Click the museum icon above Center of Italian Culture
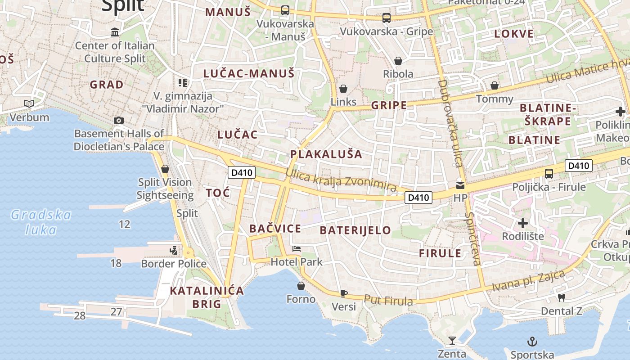coord(115,32)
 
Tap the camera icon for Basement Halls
coord(119,120)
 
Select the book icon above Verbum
coord(29,104)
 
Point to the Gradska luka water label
coord(41,222)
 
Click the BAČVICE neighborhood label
coord(275,229)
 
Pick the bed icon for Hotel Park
coord(297,248)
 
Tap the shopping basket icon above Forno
coord(301,286)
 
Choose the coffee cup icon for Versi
coord(344,293)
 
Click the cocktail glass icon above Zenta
coord(452,340)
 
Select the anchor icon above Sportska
coord(532,342)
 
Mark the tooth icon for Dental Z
coord(561,297)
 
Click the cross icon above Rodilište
coord(523,223)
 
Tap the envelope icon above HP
coord(460,185)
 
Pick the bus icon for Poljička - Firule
coord(549,174)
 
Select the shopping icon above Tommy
coord(495,85)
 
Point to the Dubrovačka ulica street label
coord(451,123)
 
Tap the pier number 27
coord(117,311)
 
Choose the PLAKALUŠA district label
coord(326,154)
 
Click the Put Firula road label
coord(388,300)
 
